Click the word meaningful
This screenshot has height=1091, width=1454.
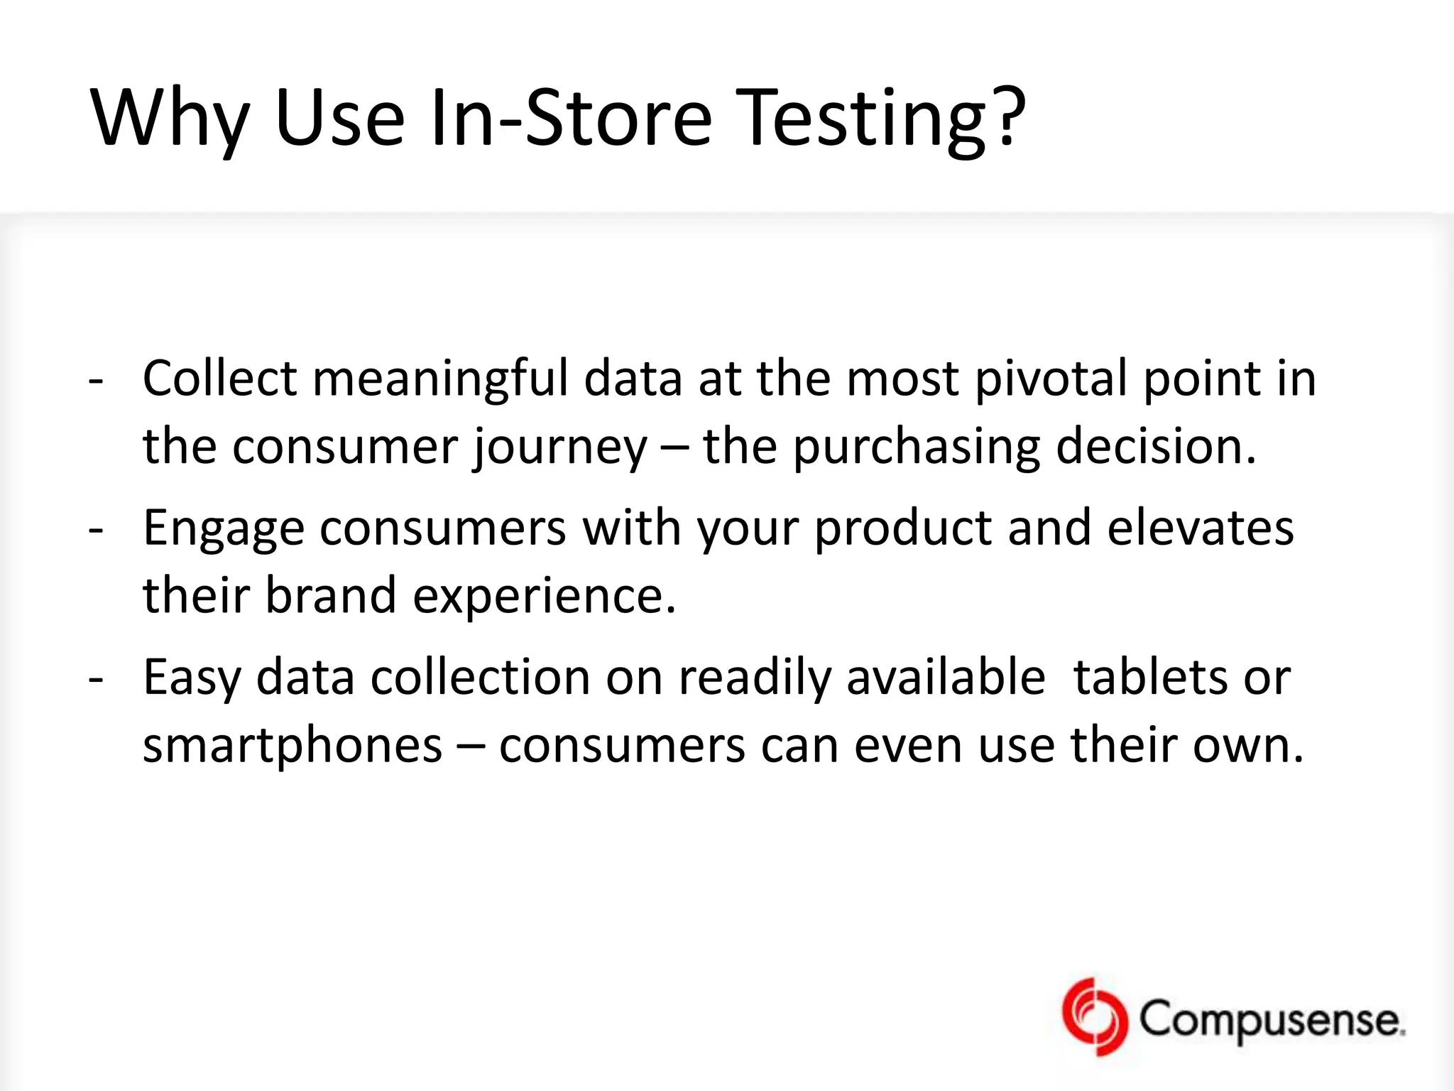click(440, 379)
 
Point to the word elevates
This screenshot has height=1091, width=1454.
click(1200, 527)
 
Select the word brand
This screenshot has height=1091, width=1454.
click(330, 595)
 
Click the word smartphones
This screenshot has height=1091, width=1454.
click(293, 746)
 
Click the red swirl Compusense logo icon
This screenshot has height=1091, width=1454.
click(1094, 1018)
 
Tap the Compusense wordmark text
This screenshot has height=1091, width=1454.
click(1271, 1020)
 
